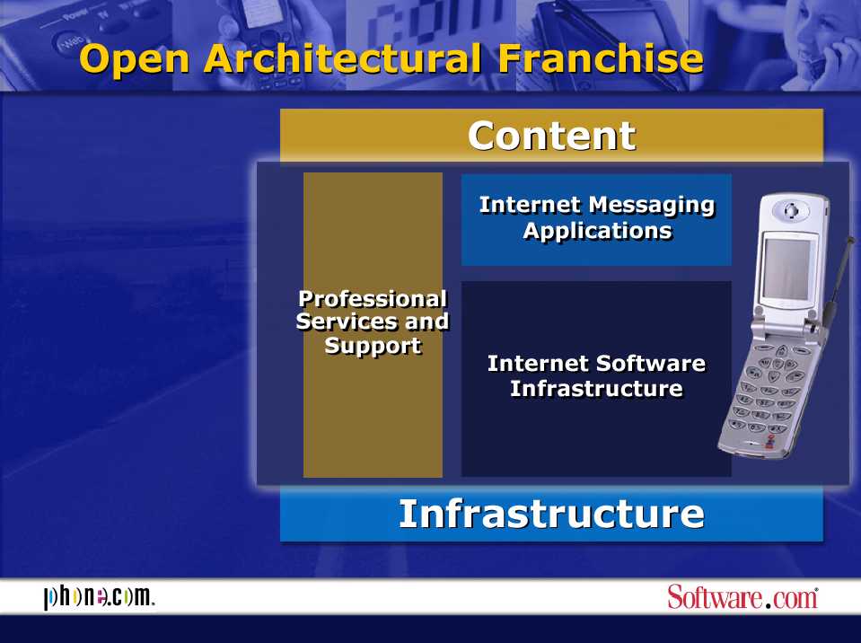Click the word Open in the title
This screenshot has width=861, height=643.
click(x=135, y=59)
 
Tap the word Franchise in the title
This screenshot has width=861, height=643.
click(x=601, y=58)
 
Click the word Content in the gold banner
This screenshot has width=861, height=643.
click(x=552, y=136)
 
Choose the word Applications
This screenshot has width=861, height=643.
click(x=597, y=231)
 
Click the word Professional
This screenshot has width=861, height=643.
click(x=373, y=299)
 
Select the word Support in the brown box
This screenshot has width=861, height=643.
click(x=373, y=346)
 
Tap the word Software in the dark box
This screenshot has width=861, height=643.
click(x=651, y=364)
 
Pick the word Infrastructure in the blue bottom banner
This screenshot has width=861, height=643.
click(x=551, y=514)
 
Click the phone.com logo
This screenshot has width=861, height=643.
click(x=99, y=597)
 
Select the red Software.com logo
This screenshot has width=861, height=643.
click(x=742, y=597)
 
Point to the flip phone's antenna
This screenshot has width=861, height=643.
click(x=839, y=280)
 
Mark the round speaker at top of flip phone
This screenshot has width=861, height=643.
click(x=790, y=210)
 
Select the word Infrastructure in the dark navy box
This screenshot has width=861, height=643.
click(x=596, y=389)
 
